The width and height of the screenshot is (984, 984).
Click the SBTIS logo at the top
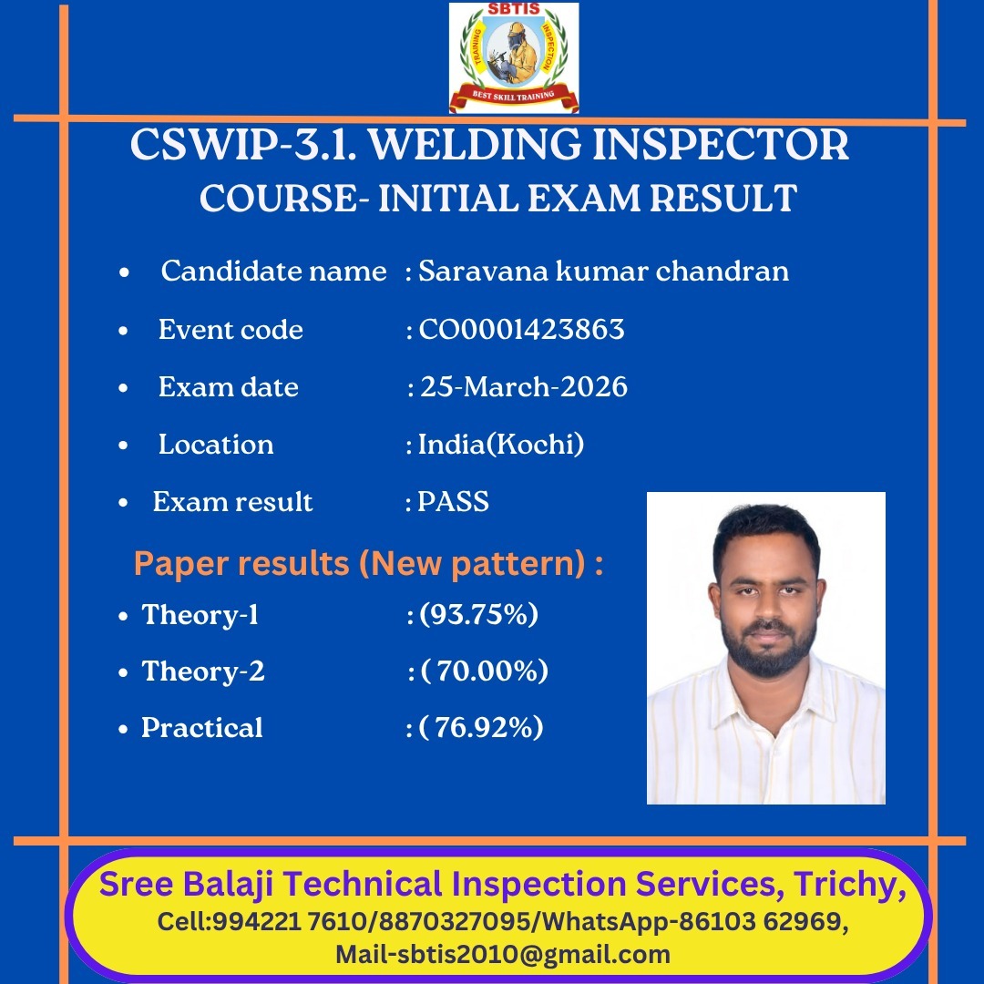(x=513, y=57)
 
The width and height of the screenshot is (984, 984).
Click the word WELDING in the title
(x=475, y=145)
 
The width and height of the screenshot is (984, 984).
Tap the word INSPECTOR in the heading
(x=721, y=145)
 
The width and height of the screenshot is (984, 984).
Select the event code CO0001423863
(x=521, y=330)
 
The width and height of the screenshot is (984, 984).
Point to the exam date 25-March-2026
(x=523, y=386)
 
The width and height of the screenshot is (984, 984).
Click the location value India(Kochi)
(x=501, y=445)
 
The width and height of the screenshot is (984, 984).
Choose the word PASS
(x=453, y=501)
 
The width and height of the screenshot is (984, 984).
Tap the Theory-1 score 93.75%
(x=479, y=614)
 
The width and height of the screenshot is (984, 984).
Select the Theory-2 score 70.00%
(x=485, y=671)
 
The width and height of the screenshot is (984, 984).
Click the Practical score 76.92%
(x=481, y=727)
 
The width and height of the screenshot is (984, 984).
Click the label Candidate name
(x=273, y=272)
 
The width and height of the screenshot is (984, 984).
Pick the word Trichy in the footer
(x=847, y=884)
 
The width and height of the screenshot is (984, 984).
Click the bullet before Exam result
(x=123, y=502)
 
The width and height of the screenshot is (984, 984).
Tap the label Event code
(x=231, y=330)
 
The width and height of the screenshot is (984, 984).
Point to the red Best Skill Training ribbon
(x=513, y=97)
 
